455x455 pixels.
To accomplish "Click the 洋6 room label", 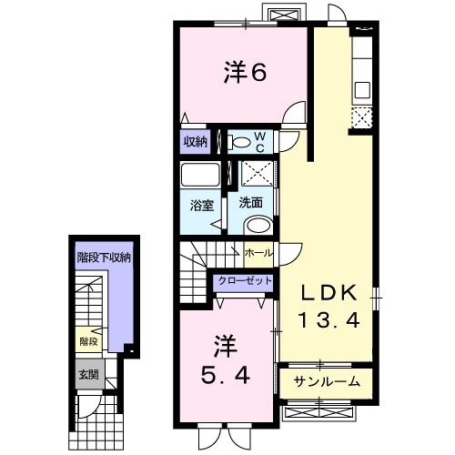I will [x=244, y=72].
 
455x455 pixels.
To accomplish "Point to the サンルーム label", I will [x=327, y=381].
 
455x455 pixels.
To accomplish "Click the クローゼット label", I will [x=243, y=281].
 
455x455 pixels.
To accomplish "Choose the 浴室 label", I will [x=201, y=205].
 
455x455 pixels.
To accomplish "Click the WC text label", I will [x=258, y=141].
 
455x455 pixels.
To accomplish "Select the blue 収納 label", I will [x=195, y=141].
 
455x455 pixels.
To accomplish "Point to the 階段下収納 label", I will [x=103, y=258].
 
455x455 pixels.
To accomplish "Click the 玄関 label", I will [x=88, y=373].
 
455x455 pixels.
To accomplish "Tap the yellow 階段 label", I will [x=88, y=341].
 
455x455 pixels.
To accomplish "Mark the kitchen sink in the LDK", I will [x=361, y=89].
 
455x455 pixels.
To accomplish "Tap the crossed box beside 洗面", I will [x=259, y=172].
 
